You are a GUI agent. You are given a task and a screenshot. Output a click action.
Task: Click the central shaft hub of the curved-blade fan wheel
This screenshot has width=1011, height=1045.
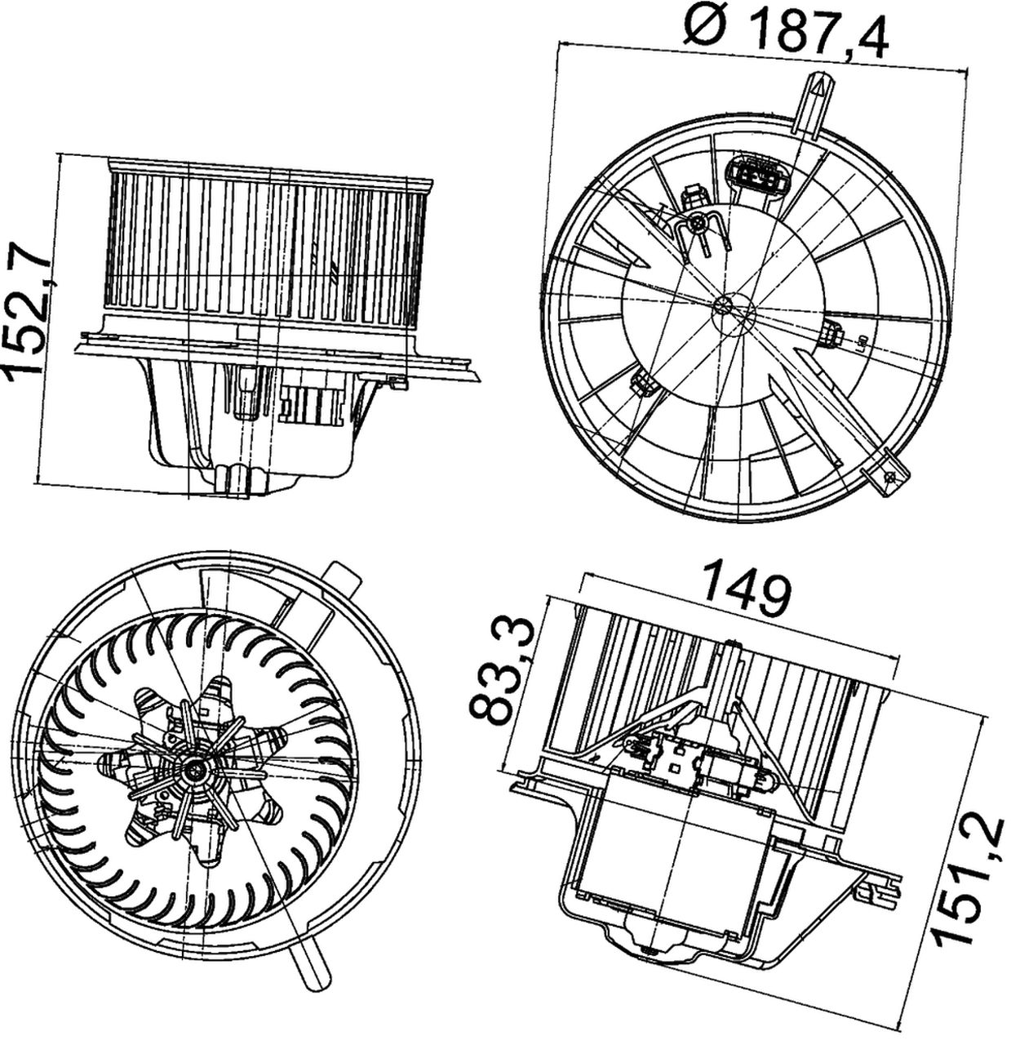point(195,768)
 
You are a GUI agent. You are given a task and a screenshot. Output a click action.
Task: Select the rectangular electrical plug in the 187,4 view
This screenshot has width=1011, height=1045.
point(756,177)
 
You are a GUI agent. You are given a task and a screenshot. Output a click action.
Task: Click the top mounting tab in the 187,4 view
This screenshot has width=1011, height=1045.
point(817,102)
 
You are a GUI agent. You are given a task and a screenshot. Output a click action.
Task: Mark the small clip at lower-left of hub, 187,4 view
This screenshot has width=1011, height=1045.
point(644,383)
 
